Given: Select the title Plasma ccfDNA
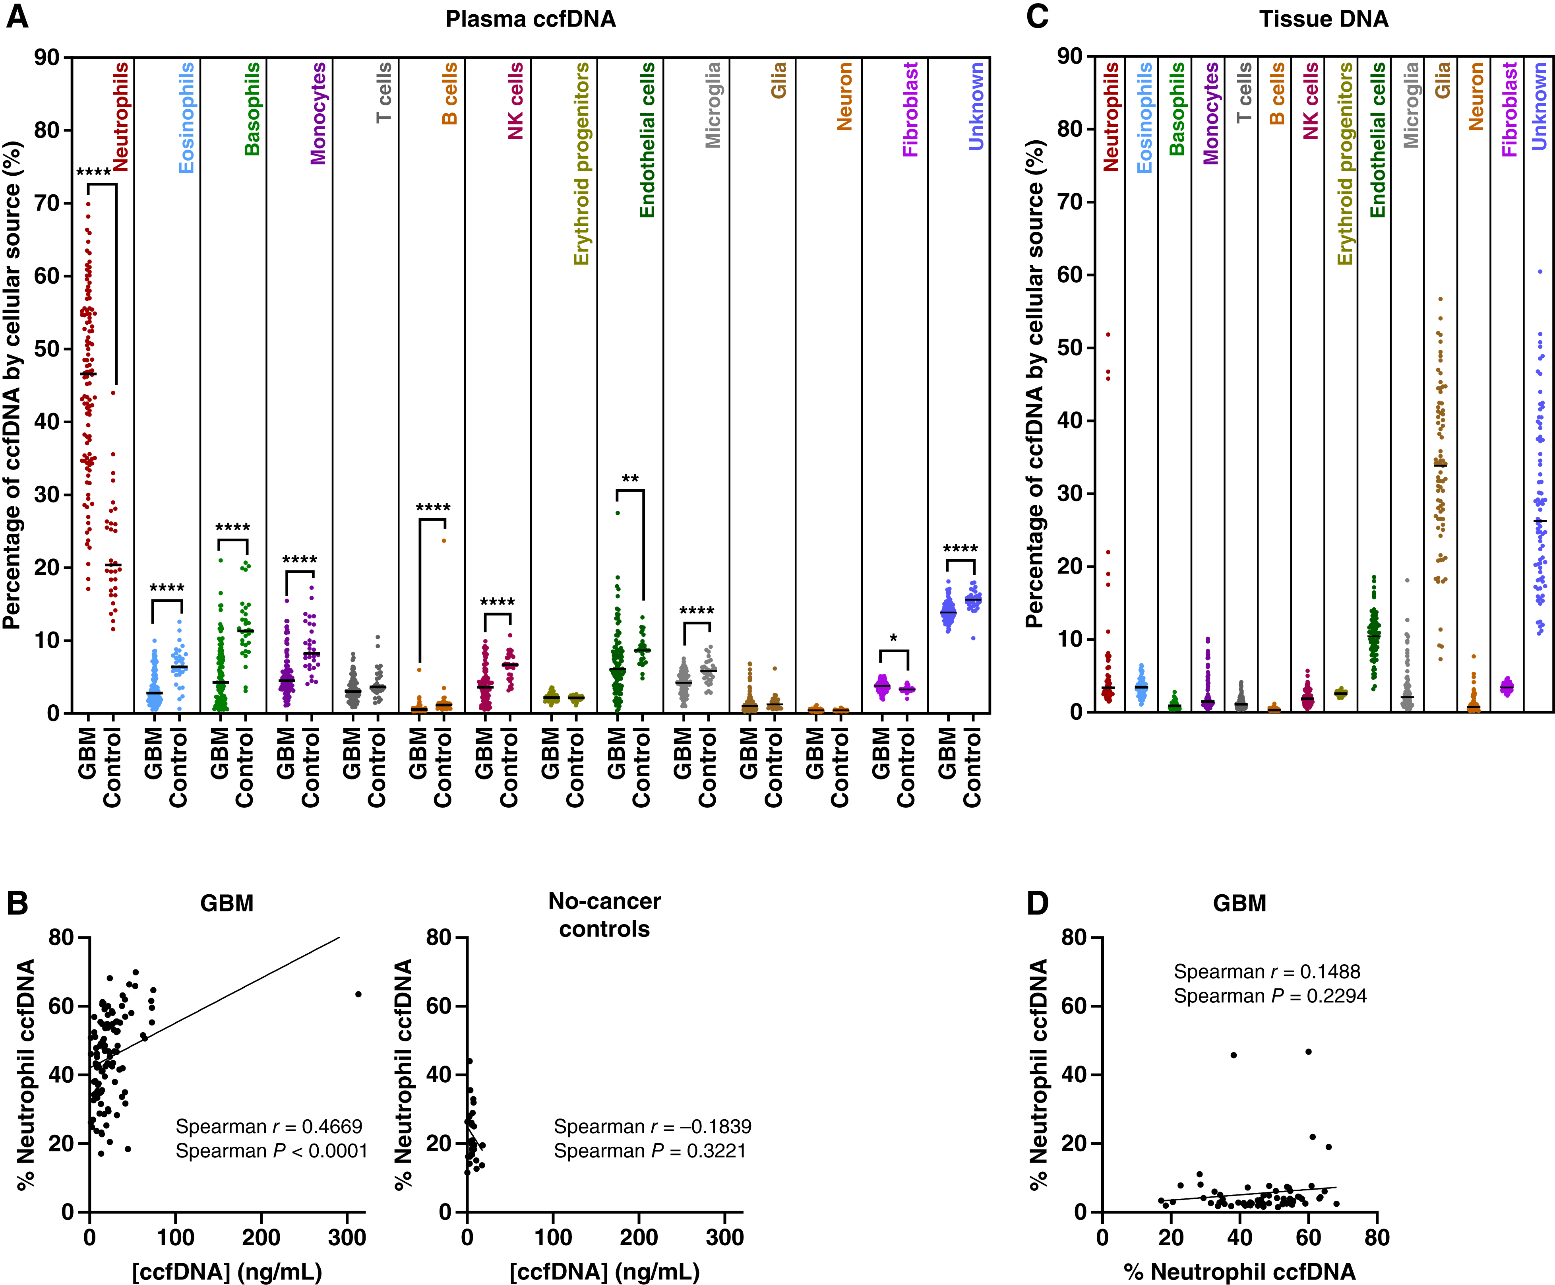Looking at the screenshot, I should (x=530, y=19).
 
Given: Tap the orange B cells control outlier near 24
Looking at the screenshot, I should (x=444, y=540).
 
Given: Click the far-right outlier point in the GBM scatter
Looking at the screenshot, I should (x=358, y=994).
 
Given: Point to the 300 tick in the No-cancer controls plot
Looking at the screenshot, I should (x=724, y=1237).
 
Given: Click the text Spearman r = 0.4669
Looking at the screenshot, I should (x=269, y=1126).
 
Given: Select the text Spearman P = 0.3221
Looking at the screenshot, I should (x=650, y=1151).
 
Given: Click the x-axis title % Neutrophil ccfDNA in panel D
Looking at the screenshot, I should (x=1240, y=1271).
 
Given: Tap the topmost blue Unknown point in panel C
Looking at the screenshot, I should (x=1540, y=271).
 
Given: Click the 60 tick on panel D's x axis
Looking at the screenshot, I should (x=1309, y=1237).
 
